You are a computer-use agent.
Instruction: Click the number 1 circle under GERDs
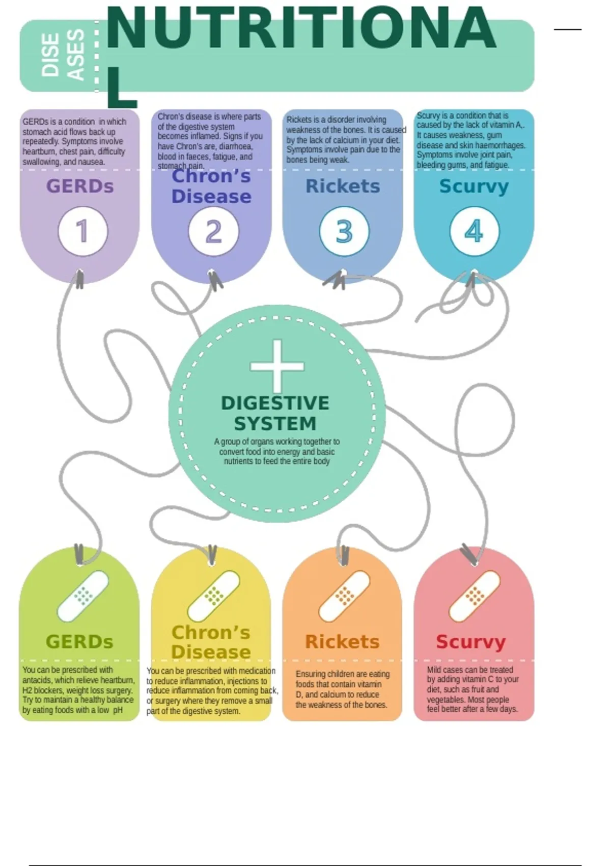pos(82,231)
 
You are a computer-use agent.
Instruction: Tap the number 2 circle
pos(213,231)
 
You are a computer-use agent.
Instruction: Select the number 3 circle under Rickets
pos(344,231)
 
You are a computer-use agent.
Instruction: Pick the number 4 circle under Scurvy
pos(474,231)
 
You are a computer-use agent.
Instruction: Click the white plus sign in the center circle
pos(277,366)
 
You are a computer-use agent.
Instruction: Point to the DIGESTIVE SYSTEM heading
pos(275,413)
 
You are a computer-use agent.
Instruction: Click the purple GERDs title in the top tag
pos(80,186)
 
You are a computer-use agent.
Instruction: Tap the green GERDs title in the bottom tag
pos(79,642)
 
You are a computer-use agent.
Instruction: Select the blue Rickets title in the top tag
pos(343,186)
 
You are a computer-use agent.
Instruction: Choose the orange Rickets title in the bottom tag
pos(342,642)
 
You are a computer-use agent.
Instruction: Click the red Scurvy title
pos(470,642)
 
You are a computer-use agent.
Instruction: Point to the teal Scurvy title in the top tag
pos(474,187)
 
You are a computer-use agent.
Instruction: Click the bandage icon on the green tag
pos(82,596)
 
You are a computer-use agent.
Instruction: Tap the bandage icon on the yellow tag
pos(213,596)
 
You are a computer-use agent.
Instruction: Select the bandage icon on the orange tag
pos(344,596)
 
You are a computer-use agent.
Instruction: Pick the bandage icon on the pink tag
pos(474,596)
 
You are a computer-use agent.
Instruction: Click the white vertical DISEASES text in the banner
pos(63,55)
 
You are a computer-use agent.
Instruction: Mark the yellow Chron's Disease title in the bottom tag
pos(211,642)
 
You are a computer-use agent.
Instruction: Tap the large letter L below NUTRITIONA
pos(121,88)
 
